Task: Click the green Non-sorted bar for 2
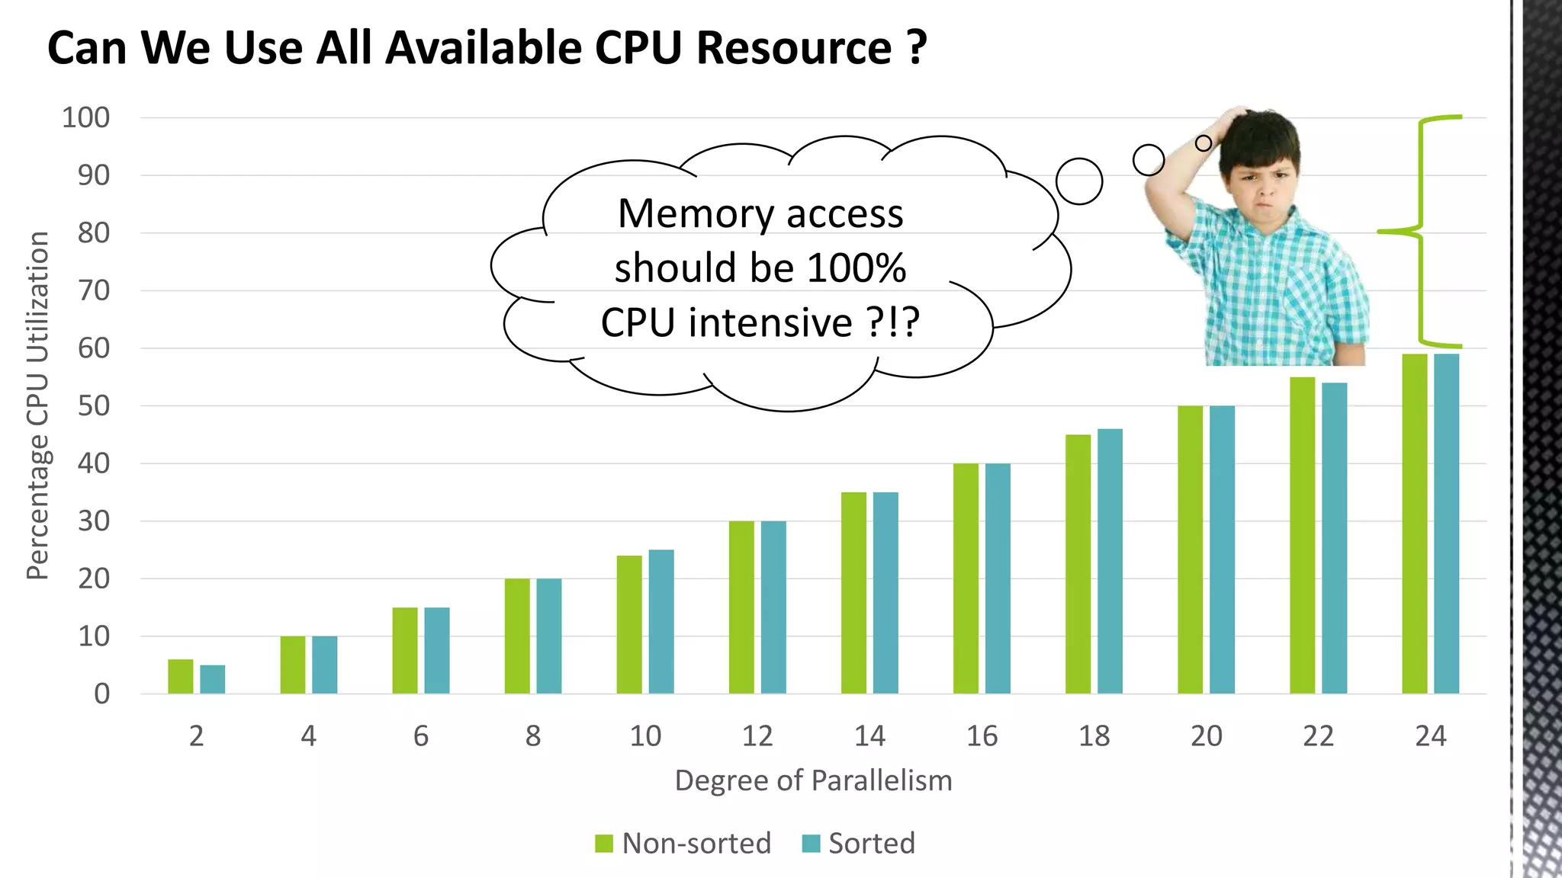pos(181,677)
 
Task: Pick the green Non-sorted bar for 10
pos(629,625)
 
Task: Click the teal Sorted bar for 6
pos(437,651)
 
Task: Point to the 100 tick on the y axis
pos(86,118)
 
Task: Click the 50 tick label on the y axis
pos(94,406)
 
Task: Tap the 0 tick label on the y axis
pos(101,694)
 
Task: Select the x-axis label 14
pos(869,736)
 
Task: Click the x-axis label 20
pos(1206,736)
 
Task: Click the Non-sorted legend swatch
pos(604,844)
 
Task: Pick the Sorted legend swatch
pos(811,844)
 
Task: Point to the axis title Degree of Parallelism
pos(813,781)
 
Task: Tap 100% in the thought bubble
pos(857,268)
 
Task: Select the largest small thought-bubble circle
pos(1079,181)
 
